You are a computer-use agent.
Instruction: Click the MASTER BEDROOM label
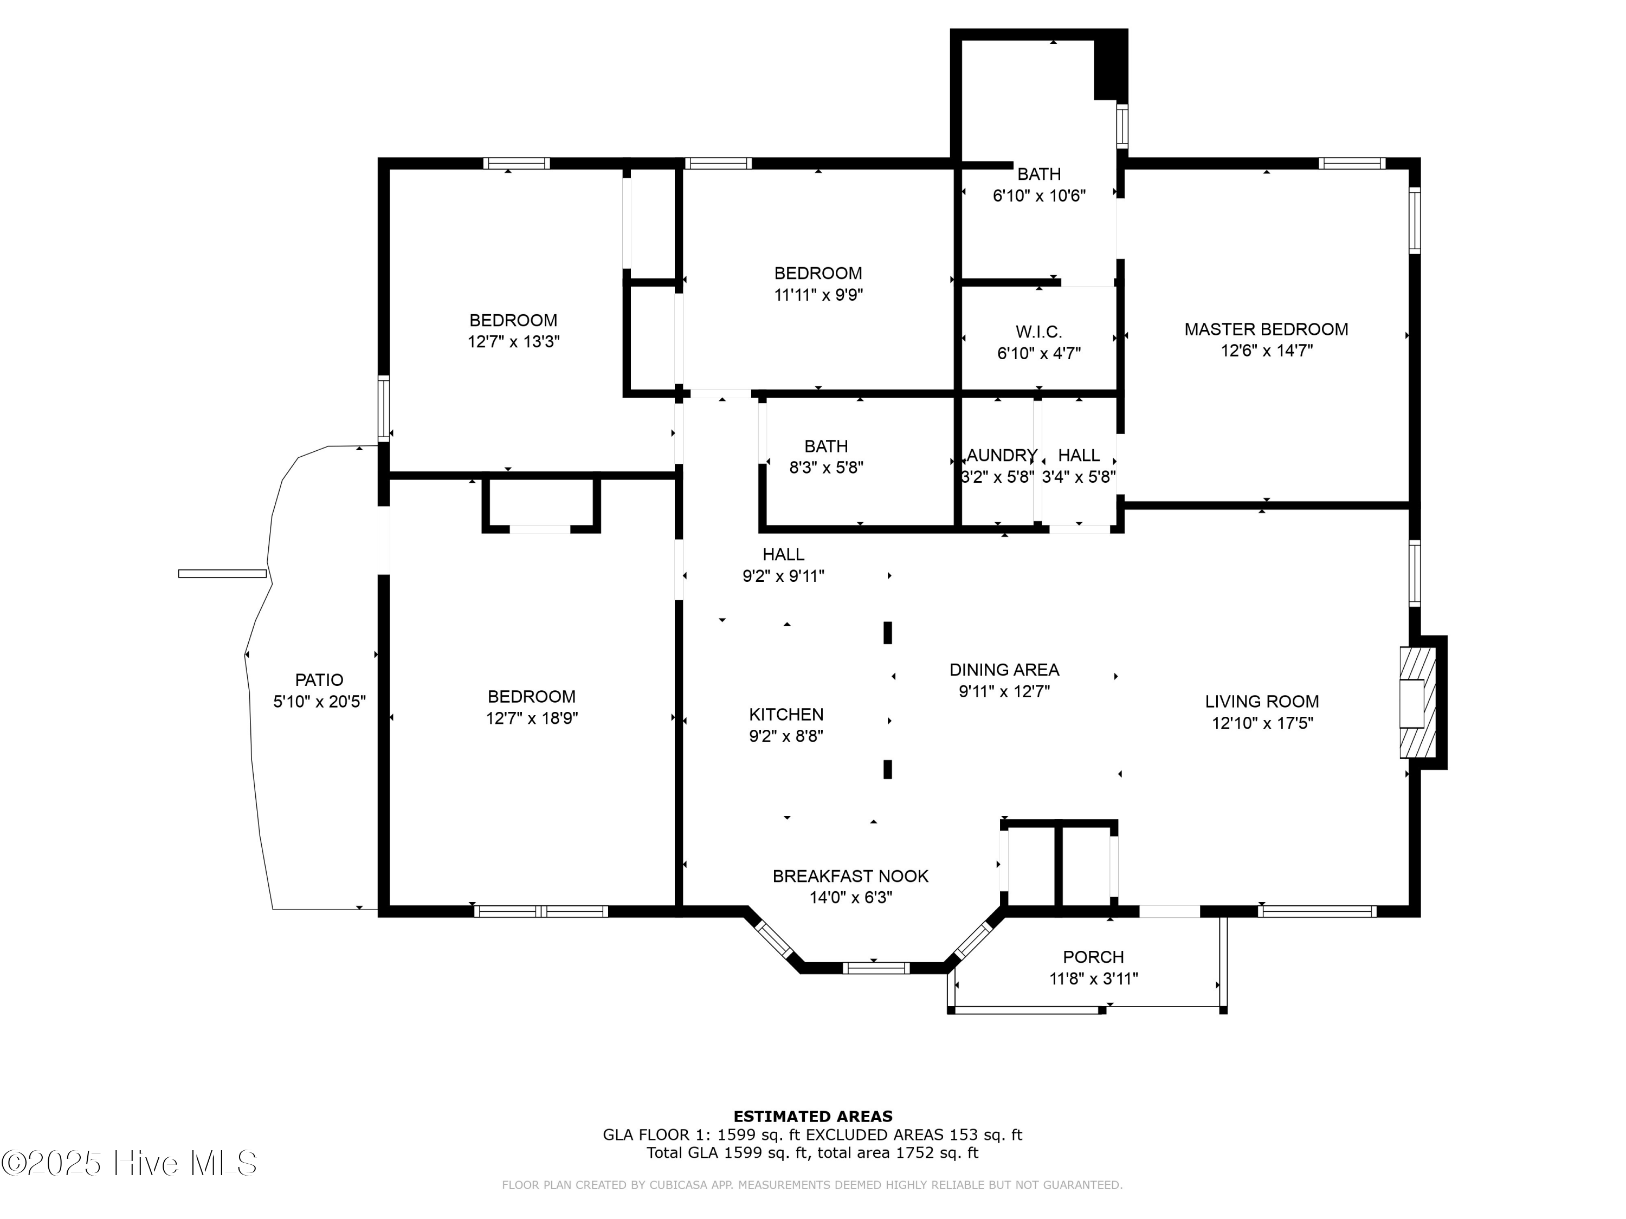click(1266, 329)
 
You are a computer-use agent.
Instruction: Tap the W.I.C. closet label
click(1038, 332)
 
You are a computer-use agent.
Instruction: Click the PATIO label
click(319, 680)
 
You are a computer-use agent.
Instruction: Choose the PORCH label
click(1093, 957)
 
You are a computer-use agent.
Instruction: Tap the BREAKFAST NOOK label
click(850, 877)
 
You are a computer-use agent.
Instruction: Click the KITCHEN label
click(786, 714)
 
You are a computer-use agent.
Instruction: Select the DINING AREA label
click(1004, 670)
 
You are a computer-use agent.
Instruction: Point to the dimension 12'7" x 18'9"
click(532, 718)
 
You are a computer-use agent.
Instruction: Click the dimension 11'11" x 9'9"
click(817, 295)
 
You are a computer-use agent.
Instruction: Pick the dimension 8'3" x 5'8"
click(826, 468)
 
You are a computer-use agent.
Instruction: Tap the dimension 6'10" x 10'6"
click(1038, 196)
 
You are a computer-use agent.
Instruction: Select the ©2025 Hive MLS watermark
click(130, 1164)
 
